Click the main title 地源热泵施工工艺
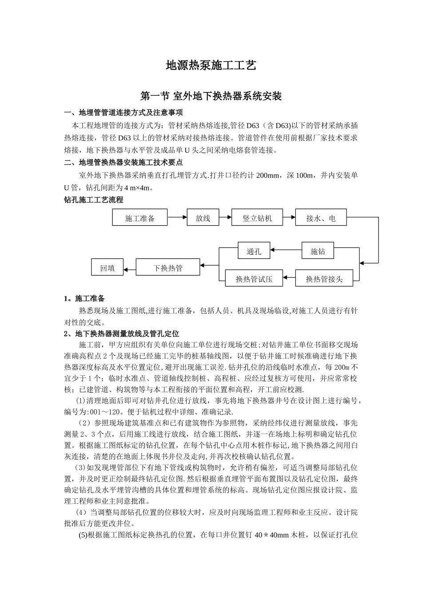(211, 66)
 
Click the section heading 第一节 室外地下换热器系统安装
(211, 96)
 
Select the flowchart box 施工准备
(140, 218)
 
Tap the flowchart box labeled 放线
(203, 218)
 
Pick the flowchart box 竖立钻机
(257, 218)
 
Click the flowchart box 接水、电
(321, 218)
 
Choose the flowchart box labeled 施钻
(318, 251)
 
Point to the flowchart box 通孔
(254, 251)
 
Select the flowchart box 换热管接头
(324, 279)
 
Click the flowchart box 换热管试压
(254, 279)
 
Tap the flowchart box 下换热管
(168, 268)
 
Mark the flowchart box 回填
(107, 268)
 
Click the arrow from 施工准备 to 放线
(177, 218)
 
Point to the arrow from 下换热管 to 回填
(129, 268)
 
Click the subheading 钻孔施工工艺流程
(94, 200)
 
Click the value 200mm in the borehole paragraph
(267, 175)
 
